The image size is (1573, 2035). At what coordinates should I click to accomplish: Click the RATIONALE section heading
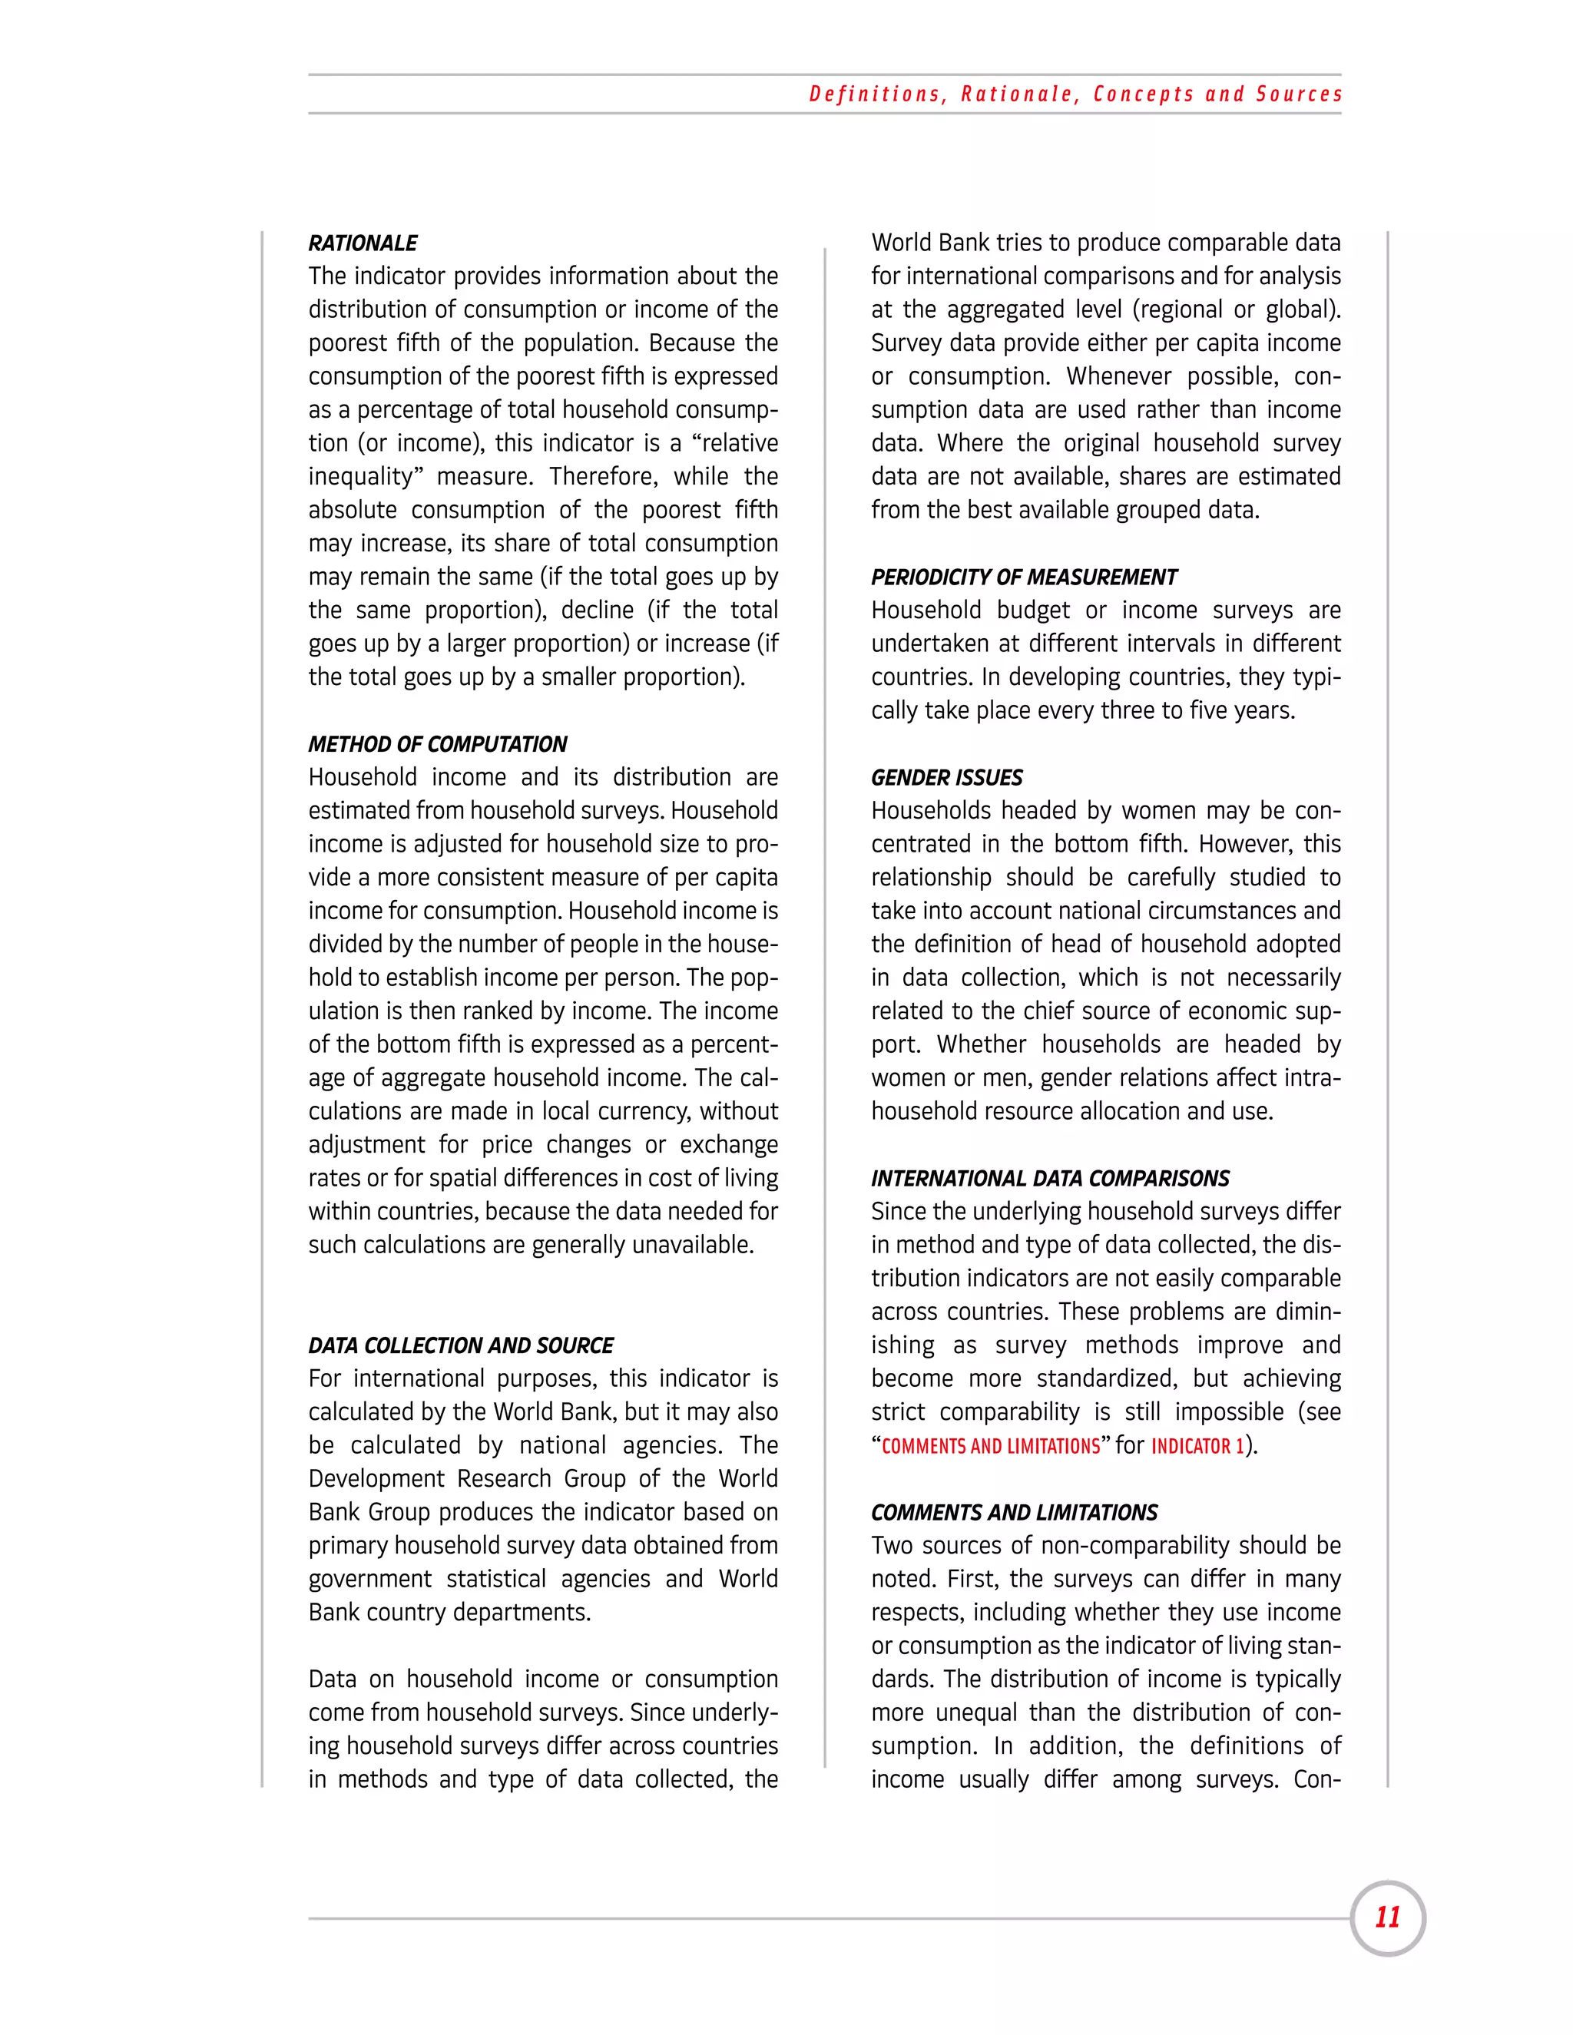363,243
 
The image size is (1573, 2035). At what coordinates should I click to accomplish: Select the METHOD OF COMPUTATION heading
437,744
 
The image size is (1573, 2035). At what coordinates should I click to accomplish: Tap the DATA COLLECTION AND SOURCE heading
460,1345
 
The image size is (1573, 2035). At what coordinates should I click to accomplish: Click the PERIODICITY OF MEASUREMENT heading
1023,577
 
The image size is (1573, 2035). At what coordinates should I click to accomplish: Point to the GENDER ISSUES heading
945,778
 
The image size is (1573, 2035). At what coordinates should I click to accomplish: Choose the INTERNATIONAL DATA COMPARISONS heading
1049,1179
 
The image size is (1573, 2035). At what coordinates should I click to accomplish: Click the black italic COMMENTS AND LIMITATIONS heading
1013,1512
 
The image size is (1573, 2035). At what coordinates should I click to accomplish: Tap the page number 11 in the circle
1386,1917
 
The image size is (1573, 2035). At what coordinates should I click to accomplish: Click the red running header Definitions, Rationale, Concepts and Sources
1075,94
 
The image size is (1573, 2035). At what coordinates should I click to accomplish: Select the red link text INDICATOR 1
1197,1446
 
